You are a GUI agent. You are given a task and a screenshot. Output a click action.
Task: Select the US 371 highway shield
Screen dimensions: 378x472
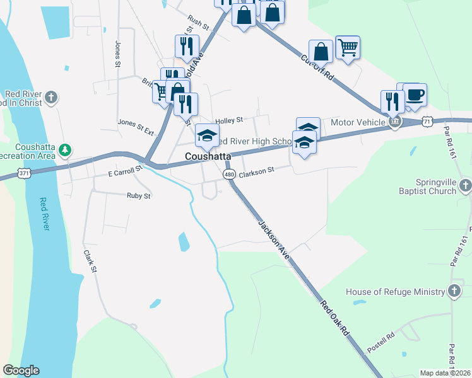(x=24, y=172)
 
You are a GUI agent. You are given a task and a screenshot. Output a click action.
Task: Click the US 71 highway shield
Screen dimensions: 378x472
(x=428, y=120)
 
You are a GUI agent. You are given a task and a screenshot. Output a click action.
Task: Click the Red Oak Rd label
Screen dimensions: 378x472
(x=334, y=317)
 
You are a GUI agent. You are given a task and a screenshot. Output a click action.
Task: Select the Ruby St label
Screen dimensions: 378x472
(x=139, y=196)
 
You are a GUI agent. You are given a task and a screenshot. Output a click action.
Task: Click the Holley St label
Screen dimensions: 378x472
(x=228, y=120)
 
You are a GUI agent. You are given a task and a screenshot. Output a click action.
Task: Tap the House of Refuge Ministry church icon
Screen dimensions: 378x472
(x=453, y=290)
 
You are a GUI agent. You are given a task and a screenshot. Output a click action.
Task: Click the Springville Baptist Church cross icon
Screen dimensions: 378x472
(x=465, y=185)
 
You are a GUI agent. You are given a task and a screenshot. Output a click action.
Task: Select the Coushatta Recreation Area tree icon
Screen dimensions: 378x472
(x=64, y=150)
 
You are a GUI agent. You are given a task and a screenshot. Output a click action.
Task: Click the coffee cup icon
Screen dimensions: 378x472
(x=415, y=94)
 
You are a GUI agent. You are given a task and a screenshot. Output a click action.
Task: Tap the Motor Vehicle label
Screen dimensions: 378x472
(x=358, y=122)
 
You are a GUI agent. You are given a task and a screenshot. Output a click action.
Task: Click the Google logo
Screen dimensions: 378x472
(x=21, y=370)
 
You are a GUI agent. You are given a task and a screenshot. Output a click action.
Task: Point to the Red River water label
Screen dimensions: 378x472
(x=44, y=214)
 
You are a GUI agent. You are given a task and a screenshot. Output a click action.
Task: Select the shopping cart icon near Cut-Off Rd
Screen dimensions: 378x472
(x=348, y=47)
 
